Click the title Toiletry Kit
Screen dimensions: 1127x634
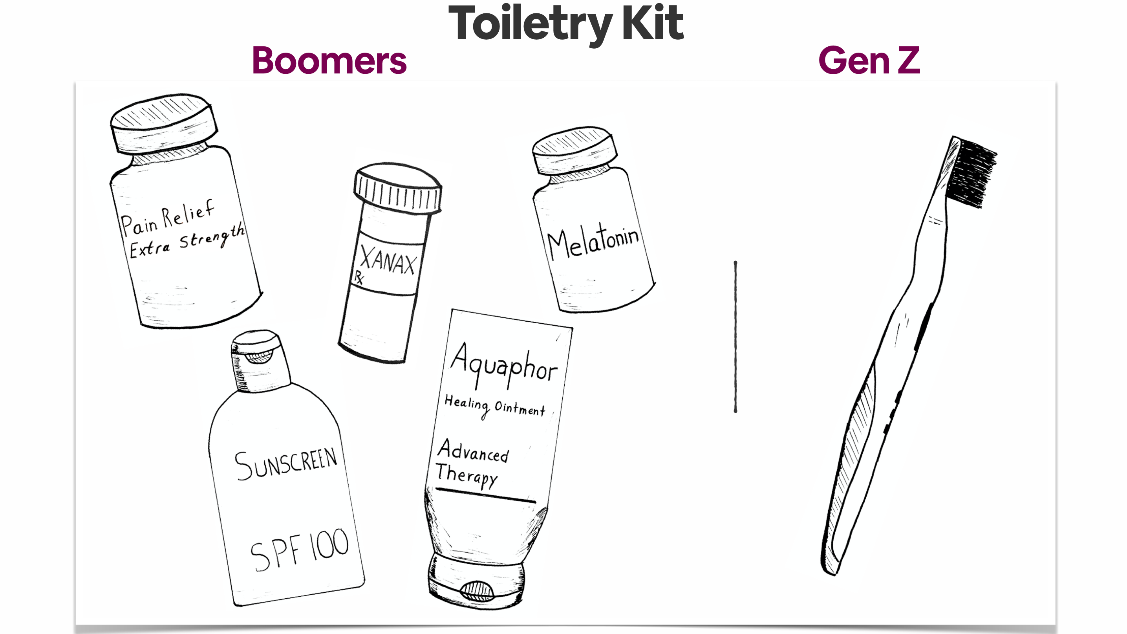tap(566, 24)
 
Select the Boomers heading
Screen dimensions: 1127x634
tap(329, 61)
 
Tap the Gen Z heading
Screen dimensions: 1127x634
tap(869, 60)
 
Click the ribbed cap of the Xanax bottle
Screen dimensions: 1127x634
tap(397, 188)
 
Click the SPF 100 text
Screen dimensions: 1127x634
tap(300, 550)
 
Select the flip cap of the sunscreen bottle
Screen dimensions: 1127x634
tap(260, 361)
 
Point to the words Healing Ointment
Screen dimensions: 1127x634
tap(495, 407)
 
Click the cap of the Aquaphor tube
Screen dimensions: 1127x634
tap(476, 580)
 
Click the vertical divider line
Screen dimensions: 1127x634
tap(735, 337)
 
